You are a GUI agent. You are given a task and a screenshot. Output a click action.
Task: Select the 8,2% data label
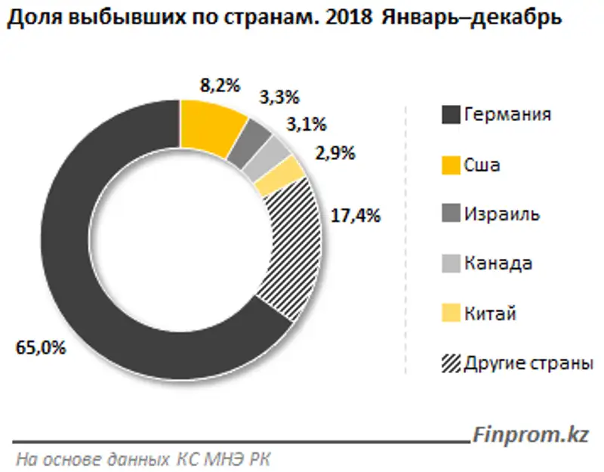pyautogui.click(x=219, y=85)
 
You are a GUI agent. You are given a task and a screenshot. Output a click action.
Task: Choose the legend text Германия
pyautogui.click(x=507, y=115)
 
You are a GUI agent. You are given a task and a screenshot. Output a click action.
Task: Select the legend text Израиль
pyautogui.click(x=501, y=214)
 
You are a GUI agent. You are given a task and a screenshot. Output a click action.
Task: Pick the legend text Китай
pyautogui.click(x=490, y=313)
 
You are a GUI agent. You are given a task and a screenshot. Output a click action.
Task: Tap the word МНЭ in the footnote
pyautogui.click(x=226, y=458)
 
